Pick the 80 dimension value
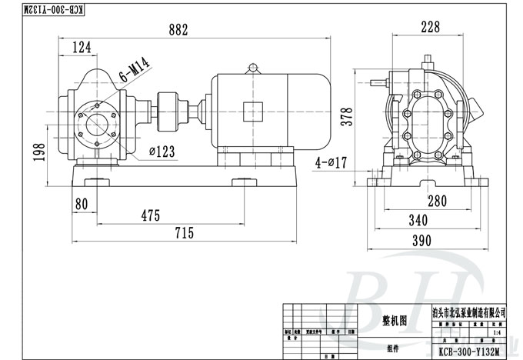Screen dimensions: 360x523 click(81, 205)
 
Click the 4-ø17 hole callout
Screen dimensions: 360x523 click(332, 162)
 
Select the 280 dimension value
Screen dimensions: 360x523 click(437, 202)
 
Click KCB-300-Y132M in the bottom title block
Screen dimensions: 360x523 click(471, 352)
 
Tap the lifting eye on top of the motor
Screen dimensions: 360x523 click(252, 68)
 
